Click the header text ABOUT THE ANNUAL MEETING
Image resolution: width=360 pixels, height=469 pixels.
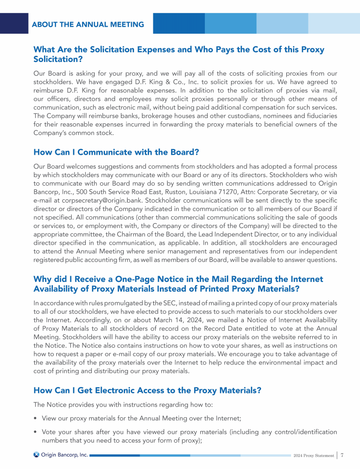[88, 24]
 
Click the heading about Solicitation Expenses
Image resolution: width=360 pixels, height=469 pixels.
[179, 54]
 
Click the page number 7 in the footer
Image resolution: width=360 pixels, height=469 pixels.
[343, 454]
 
